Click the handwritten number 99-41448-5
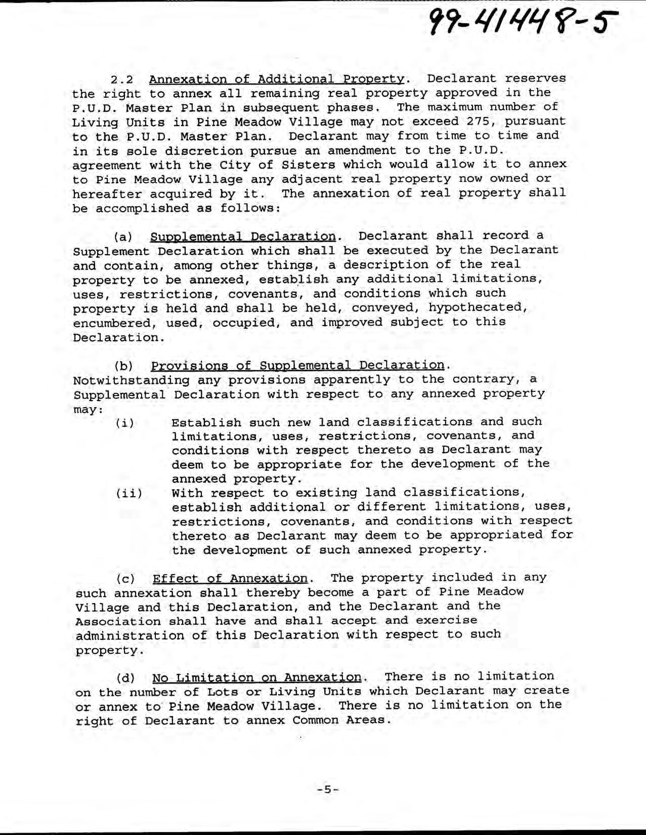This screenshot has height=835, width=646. point(522,21)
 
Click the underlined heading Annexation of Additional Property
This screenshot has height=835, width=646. point(277,79)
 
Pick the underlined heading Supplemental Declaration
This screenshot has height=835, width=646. point(243,236)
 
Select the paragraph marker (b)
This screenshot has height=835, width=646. point(123,366)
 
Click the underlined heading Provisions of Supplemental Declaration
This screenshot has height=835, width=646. point(297,366)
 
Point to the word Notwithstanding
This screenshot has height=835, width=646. point(131,380)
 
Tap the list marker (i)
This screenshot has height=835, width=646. point(125,423)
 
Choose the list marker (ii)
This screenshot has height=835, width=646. point(129,493)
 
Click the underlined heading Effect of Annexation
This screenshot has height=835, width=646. point(230,579)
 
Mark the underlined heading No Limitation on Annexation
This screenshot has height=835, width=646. point(257,678)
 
